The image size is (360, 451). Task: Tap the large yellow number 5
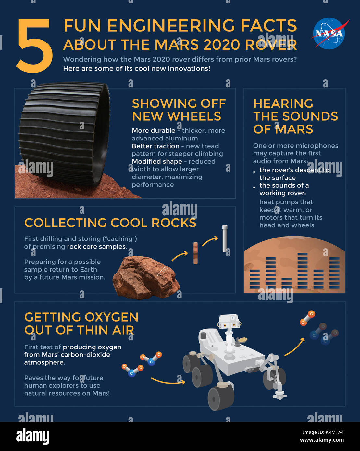34,46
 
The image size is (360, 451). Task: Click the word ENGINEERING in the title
171,26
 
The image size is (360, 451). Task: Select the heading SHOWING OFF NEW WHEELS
179,110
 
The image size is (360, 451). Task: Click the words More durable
154,130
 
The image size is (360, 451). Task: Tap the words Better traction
155,146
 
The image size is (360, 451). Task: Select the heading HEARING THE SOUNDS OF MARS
295,116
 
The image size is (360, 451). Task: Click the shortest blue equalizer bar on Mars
286,283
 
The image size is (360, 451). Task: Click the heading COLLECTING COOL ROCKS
110,223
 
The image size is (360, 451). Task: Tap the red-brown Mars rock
146,277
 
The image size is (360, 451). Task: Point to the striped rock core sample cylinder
195,253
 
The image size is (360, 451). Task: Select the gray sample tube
225,238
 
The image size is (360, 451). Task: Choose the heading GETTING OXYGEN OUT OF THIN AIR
81,323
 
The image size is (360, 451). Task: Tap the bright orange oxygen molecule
307,318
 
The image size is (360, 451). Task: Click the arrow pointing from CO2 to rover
168,382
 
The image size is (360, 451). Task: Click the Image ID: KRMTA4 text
323,432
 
